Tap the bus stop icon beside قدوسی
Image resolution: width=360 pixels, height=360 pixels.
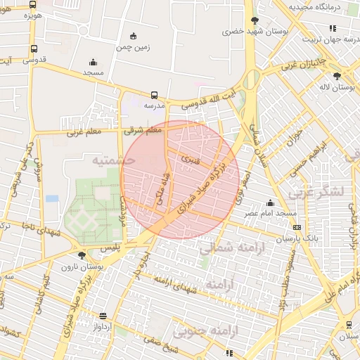pyautogui.click(x=34, y=49)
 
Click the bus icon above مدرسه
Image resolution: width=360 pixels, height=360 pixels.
pyautogui.click(x=154, y=94)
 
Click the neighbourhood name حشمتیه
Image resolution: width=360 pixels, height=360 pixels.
pyautogui.click(x=112, y=160)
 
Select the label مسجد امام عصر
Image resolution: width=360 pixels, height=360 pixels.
pyautogui.click(x=266, y=212)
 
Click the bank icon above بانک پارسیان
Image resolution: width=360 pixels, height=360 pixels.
pyautogui.click(x=297, y=227)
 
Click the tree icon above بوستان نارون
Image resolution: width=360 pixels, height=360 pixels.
pyautogui.click(x=82, y=255)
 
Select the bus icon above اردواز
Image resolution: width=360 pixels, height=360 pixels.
pyautogui.click(x=104, y=316)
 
